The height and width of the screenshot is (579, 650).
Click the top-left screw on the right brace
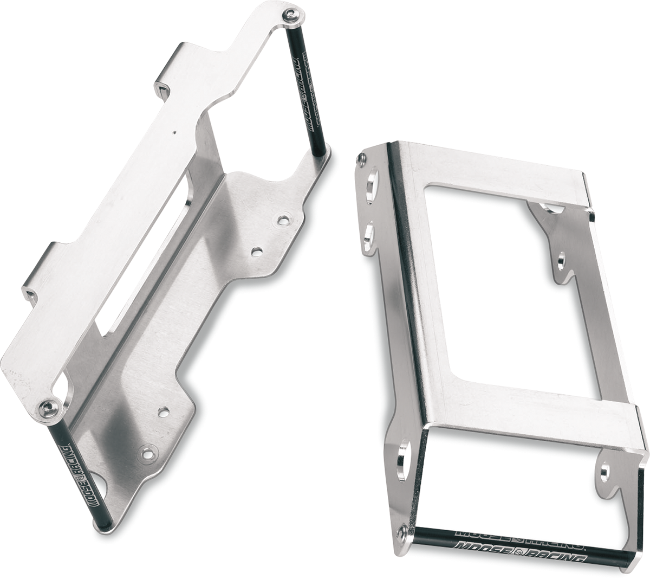(361, 158)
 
